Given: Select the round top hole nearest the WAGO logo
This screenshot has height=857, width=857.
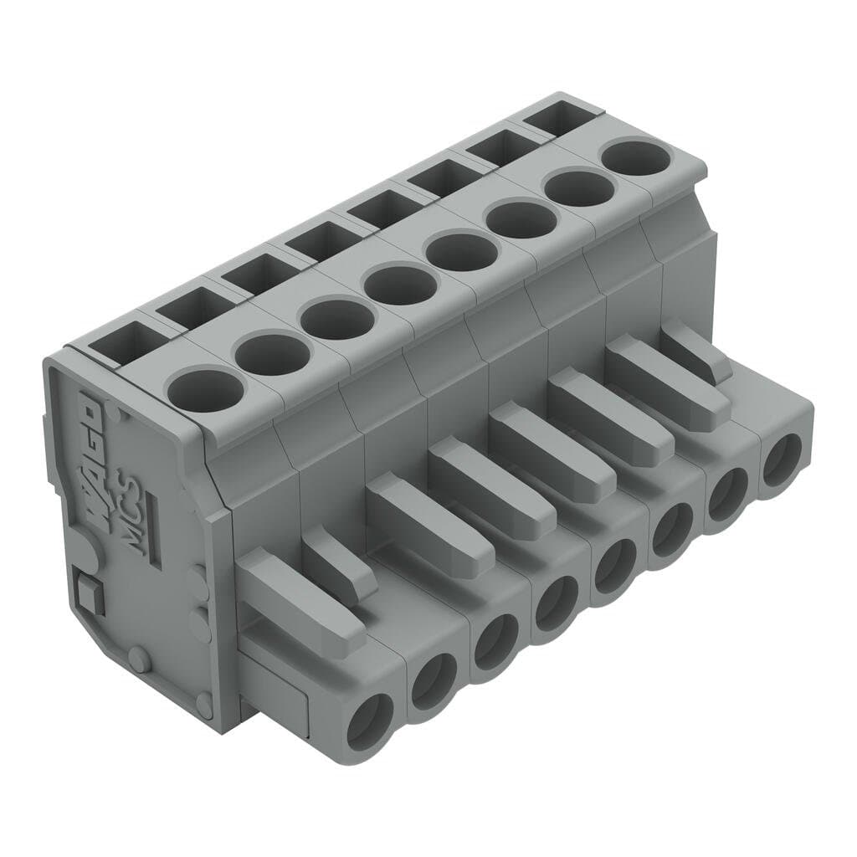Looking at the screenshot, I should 203,387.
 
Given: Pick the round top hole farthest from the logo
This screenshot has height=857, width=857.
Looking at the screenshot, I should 637,157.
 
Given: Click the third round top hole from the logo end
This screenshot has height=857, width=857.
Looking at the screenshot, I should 336,319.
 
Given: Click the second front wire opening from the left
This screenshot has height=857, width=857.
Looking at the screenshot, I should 433,676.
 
